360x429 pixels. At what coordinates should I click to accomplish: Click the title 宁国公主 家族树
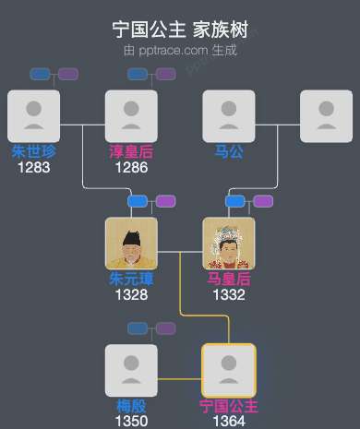point(180,30)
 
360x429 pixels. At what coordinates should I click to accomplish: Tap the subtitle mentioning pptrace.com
point(180,50)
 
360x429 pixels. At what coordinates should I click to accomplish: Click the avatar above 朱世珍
point(33,116)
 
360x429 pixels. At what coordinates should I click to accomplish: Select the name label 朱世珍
point(33,151)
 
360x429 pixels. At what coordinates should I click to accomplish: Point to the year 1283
point(33,167)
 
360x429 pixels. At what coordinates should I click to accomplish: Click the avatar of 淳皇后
point(131,116)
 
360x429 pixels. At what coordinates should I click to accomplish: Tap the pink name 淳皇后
point(131,151)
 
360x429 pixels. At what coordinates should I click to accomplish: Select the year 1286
point(131,167)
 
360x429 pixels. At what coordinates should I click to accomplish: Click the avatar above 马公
point(229,116)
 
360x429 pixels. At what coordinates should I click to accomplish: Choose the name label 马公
point(229,151)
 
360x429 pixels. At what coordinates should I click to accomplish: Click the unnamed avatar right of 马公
point(327,116)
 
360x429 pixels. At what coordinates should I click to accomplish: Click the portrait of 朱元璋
point(131,244)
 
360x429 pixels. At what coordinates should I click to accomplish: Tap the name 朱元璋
point(131,279)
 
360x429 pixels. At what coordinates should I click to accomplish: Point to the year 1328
point(131,294)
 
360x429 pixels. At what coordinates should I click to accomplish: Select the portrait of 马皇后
point(229,244)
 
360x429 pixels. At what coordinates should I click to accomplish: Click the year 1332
point(229,294)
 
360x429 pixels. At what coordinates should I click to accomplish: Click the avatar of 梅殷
point(131,371)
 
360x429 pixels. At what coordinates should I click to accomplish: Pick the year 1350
point(131,421)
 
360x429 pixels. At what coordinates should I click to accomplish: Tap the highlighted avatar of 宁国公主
point(229,371)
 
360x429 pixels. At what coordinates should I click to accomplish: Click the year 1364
point(229,421)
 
